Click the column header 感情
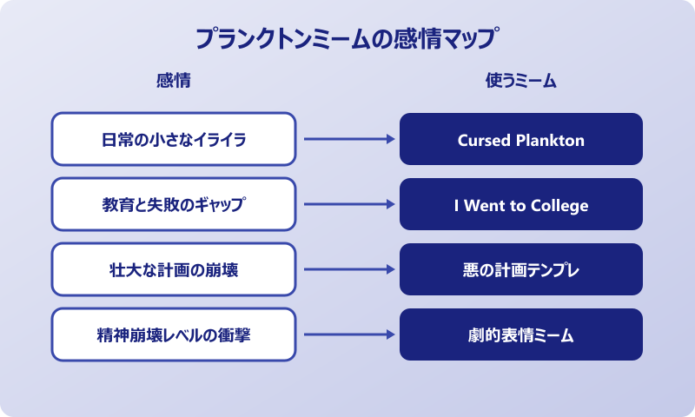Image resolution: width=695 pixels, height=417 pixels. [173, 81]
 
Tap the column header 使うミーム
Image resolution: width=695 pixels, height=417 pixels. [520, 81]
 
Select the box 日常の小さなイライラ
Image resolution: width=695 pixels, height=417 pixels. [174, 139]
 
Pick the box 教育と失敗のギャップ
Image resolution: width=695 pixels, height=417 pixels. [174, 204]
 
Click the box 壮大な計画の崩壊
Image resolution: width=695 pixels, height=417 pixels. [174, 269]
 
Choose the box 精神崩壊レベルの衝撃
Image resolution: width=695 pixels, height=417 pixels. [174, 334]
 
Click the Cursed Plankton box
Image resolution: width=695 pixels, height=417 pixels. [521, 139]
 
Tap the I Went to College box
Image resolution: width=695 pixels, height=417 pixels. [521, 204]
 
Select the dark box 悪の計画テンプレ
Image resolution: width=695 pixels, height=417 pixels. [521, 269]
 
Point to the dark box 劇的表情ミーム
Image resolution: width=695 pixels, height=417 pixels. [521, 334]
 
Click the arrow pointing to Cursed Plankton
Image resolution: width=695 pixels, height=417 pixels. [347, 139]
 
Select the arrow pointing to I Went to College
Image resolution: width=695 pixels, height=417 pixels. [347, 204]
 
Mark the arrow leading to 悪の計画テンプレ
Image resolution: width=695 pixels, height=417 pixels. [347, 269]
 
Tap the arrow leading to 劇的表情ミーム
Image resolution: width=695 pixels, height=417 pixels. [347, 334]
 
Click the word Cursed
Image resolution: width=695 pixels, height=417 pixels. [485, 140]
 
